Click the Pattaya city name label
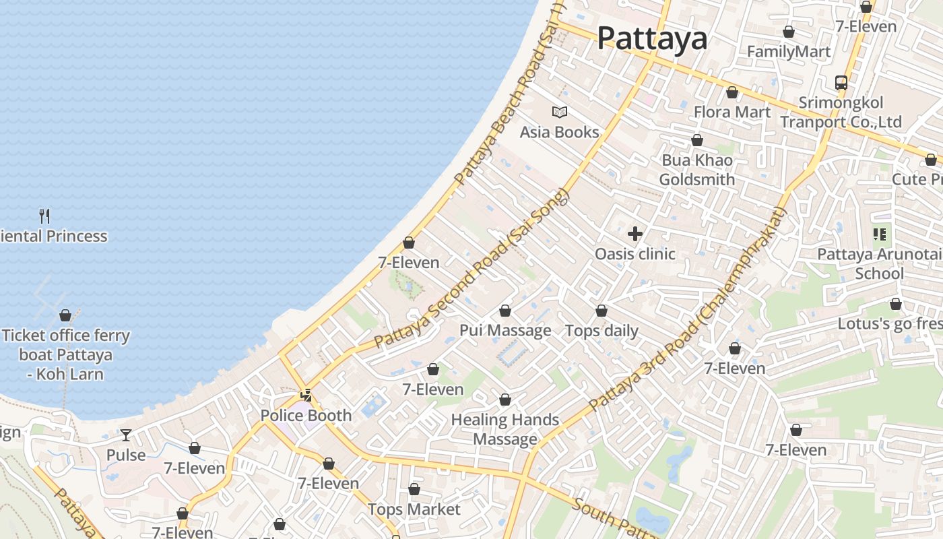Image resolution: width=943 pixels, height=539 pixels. pyautogui.click(x=652, y=38)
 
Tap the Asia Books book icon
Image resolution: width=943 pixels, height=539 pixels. pyautogui.click(x=560, y=113)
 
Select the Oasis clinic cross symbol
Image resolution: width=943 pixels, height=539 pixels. pyautogui.click(x=635, y=234)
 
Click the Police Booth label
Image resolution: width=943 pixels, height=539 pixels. pyautogui.click(x=306, y=416)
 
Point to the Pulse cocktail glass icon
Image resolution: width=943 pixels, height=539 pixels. pyautogui.click(x=126, y=435)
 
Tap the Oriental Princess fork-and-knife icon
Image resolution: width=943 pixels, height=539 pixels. pyautogui.click(x=44, y=216)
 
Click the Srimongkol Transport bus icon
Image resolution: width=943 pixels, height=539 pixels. pyautogui.click(x=841, y=83)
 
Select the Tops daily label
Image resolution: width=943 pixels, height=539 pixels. pyautogui.click(x=601, y=331)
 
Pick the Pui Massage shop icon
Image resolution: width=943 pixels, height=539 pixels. pyautogui.click(x=505, y=311)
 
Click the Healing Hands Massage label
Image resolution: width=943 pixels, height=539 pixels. pyautogui.click(x=505, y=430)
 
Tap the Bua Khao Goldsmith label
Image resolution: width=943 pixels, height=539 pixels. pyautogui.click(x=697, y=170)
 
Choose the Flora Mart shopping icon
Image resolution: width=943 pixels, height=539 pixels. pyautogui.click(x=732, y=92)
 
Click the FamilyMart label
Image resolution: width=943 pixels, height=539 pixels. pyautogui.click(x=789, y=52)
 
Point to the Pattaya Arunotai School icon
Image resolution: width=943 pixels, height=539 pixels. pyautogui.click(x=880, y=234)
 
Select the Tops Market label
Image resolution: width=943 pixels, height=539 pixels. pyautogui.click(x=414, y=509)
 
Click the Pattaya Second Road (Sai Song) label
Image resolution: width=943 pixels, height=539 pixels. pyautogui.click(x=471, y=269)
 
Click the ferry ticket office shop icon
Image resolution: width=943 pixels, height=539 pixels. pyautogui.click(x=65, y=315)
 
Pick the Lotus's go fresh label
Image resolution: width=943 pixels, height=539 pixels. pyautogui.click(x=889, y=324)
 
